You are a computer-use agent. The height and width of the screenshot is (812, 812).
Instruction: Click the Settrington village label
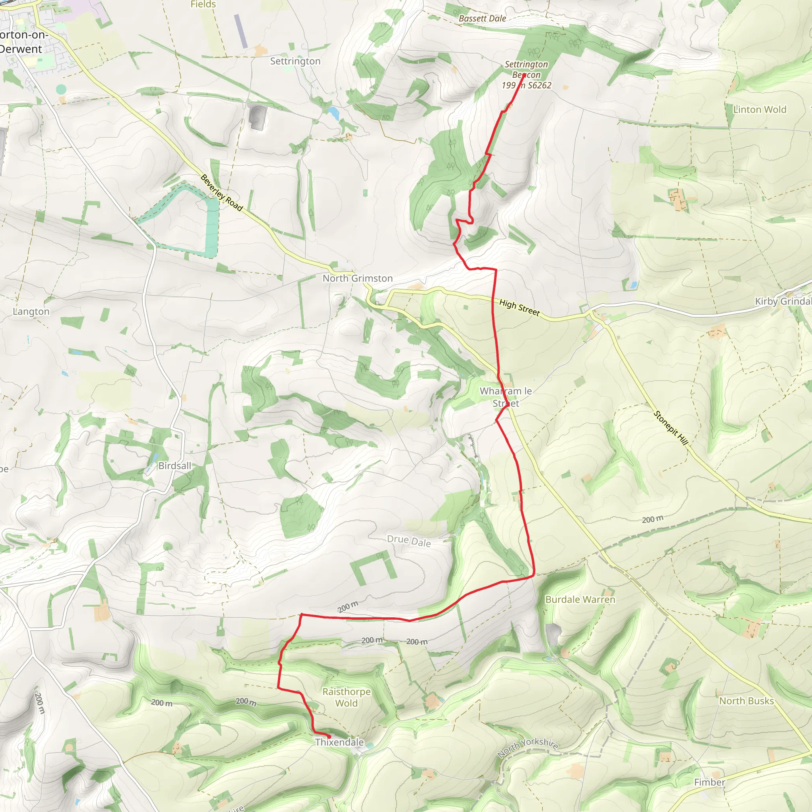[x=295, y=61]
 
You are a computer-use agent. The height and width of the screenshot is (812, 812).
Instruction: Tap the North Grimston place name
[x=358, y=278]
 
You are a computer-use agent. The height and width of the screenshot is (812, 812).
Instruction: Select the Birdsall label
[x=174, y=466]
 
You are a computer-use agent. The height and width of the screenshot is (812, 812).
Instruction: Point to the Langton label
[x=31, y=311]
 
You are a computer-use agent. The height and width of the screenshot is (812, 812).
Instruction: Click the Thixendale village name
[x=340, y=742]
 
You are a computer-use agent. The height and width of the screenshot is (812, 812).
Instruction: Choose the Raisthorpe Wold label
[x=346, y=697]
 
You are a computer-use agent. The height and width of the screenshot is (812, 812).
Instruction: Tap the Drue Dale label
[x=408, y=541]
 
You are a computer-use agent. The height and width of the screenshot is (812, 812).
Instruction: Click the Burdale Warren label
[x=580, y=600]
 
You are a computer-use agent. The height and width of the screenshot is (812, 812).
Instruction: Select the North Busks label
[x=747, y=701]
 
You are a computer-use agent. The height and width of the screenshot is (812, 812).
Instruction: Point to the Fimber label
[x=709, y=782]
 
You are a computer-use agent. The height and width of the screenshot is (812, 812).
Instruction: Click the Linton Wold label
[x=759, y=110]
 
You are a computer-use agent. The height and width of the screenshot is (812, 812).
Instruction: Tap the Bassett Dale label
[x=482, y=19]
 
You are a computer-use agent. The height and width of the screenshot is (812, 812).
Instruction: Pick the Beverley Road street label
[x=222, y=193]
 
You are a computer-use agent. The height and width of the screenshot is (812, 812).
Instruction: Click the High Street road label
[x=519, y=308]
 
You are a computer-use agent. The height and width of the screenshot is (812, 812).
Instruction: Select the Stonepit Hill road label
[x=671, y=428]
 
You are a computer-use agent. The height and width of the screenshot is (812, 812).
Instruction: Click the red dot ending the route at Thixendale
[x=329, y=737]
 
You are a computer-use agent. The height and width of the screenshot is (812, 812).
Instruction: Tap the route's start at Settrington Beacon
[x=524, y=75]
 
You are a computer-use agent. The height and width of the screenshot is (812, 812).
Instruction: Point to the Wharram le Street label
[x=506, y=397]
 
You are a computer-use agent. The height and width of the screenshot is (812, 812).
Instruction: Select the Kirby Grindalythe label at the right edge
[x=783, y=301]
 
